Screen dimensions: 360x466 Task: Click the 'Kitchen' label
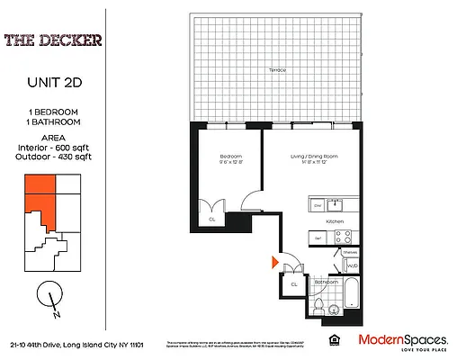(x=336, y=221)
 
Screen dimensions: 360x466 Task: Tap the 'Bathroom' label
(x=326, y=282)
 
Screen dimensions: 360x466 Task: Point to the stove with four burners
(x=343, y=238)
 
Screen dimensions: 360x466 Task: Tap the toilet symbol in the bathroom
(x=321, y=309)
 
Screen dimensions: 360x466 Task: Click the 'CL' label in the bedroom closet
(x=212, y=219)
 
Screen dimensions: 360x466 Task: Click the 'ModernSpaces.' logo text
(x=403, y=339)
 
